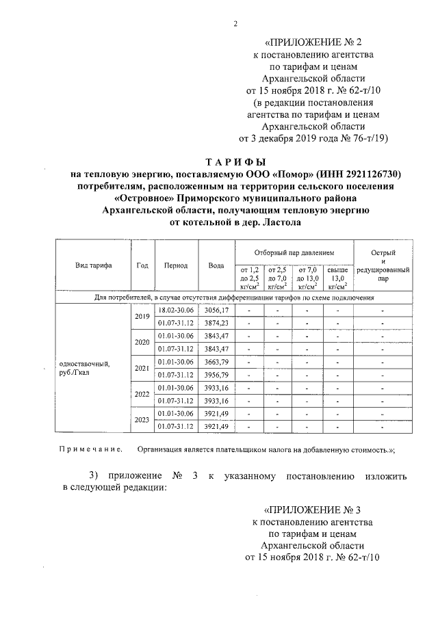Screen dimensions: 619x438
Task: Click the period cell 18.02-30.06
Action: click(x=176, y=311)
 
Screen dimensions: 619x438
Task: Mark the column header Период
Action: click(x=176, y=265)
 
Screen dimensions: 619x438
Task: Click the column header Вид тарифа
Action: click(x=94, y=265)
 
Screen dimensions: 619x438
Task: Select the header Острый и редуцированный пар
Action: click(x=383, y=266)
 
